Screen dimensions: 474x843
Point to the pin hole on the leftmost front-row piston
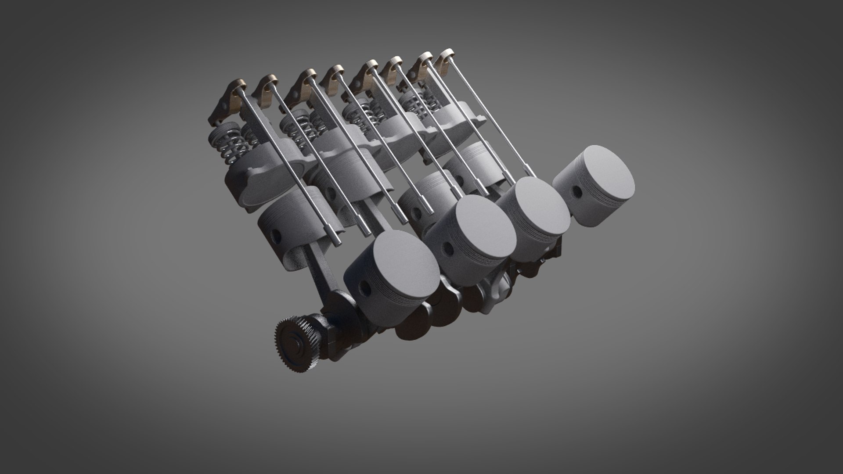364,287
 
